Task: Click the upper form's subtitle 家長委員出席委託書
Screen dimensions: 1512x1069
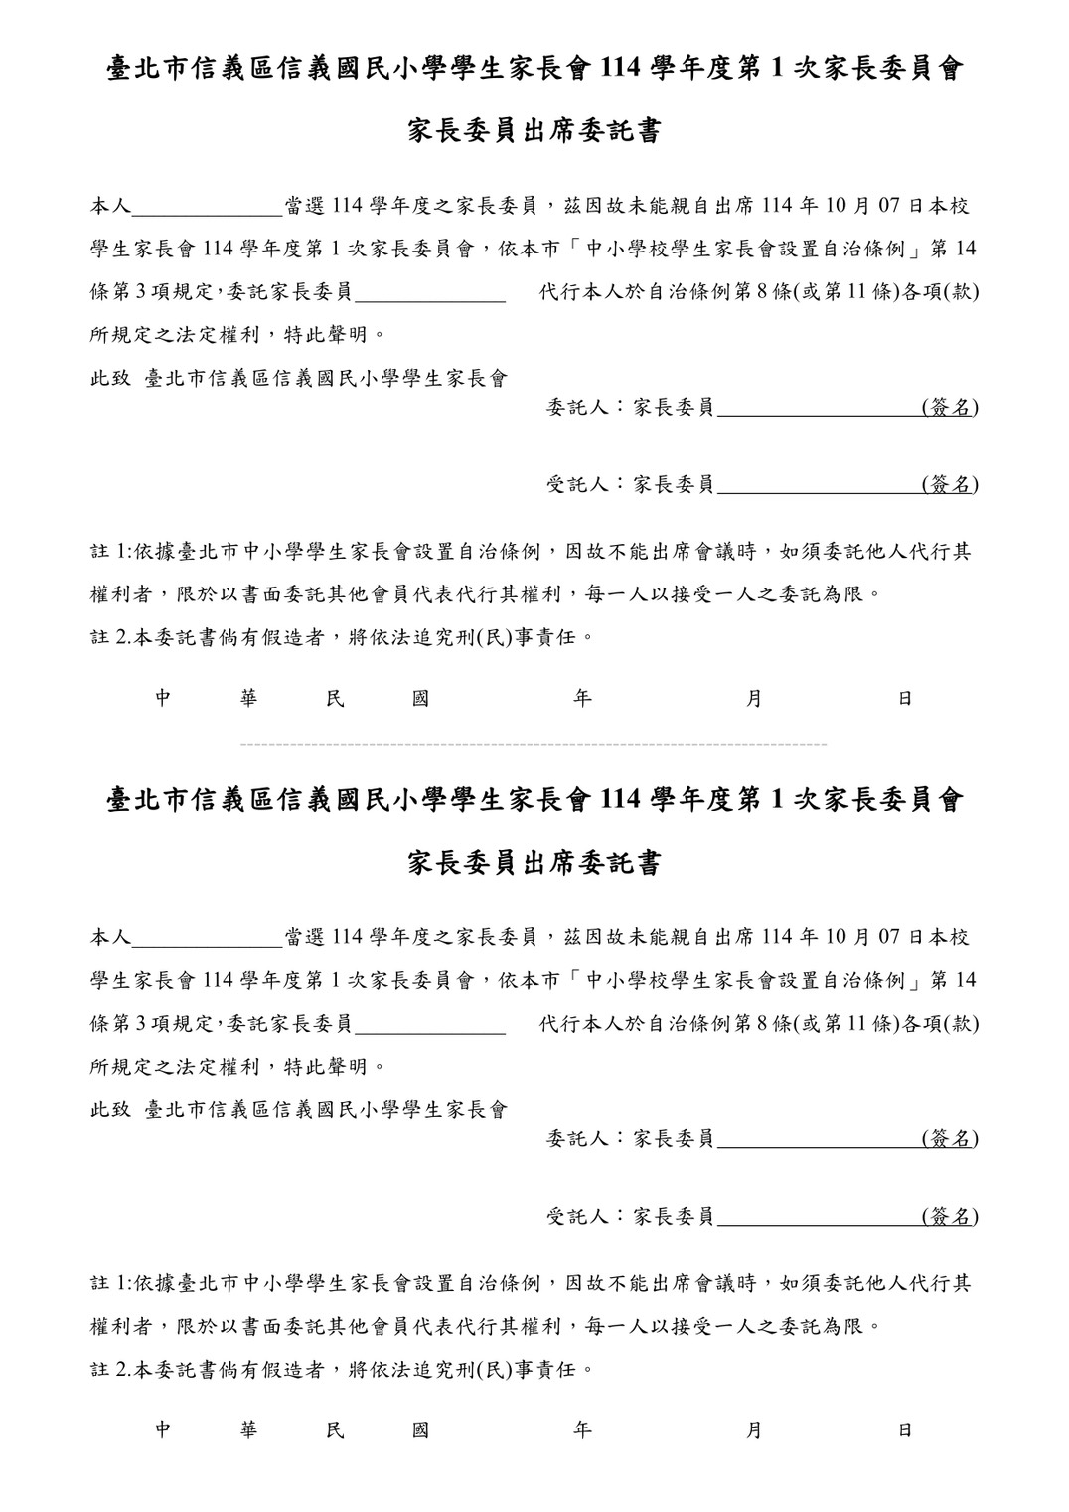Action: pyautogui.click(x=534, y=132)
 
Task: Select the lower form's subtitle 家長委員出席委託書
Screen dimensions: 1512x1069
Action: pyautogui.click(x=534, y=864)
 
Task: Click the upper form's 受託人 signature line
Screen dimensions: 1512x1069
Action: pyautogui.click(x=818, y=491)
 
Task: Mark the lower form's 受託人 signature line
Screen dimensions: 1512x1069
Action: pyautogui.click(x=818, y=1223)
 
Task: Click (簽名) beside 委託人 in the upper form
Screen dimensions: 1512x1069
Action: pyautogui.click(x=950, y=407)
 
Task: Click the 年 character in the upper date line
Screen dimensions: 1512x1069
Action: pyautogui.click(x=583, y=699)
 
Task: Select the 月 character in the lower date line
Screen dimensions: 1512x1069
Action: pyautogui.click(x=754, y=1430)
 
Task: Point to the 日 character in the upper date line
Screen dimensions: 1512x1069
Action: pyautogui.click(x=905, y=699)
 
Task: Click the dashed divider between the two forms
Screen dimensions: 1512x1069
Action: pyautogui.click(x=534, y=744)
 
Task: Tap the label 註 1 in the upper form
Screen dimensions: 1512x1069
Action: pyautogui.click(x=109, y=552)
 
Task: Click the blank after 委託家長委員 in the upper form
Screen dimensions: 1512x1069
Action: pyautogui.click(x=430, y=297)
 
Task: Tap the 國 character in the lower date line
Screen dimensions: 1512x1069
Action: pyautogui.click(x=420, y=1430)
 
